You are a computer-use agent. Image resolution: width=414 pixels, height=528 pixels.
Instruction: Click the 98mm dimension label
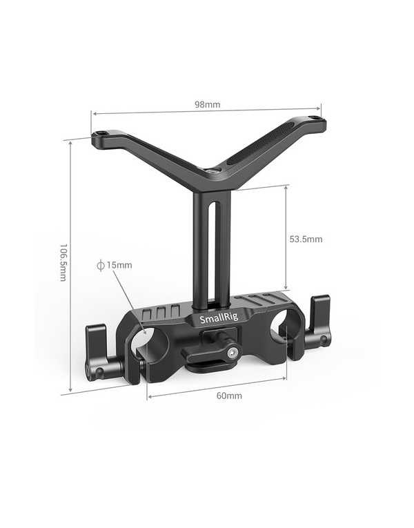[x=207, y=105]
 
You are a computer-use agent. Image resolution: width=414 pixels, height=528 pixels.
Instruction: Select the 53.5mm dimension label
[x=306, y=239]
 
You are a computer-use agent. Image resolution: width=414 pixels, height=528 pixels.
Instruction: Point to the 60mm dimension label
[x=229, y=395]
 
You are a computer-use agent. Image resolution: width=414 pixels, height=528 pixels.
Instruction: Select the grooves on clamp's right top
[x=266, y=301]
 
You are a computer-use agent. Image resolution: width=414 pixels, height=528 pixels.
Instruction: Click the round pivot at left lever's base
[x=99, y=373]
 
